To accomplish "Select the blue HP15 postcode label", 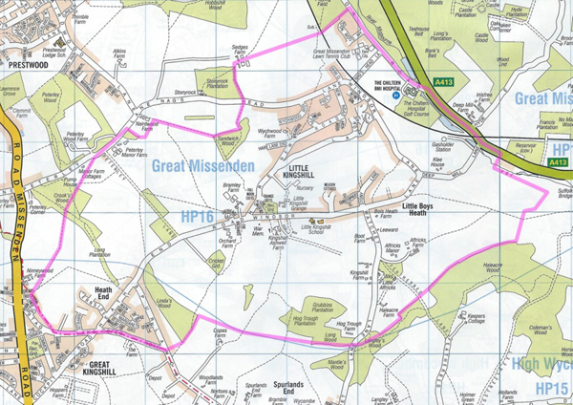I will [553, 389].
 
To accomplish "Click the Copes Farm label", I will [223, 330].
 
